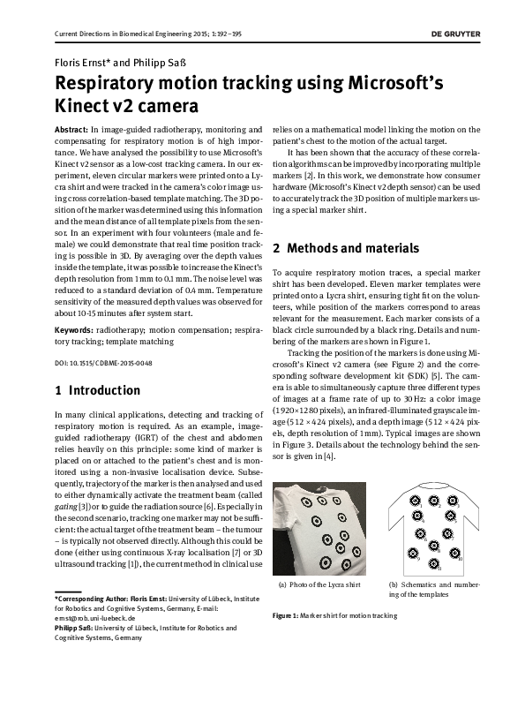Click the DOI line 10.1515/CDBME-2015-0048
pyautogui.click(x=97, y=363)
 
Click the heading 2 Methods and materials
pyautogui.click(x=346, y=248)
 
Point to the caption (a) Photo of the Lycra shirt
pyautogui.click(x=319, y=585)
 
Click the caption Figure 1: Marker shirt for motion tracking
pyautogui.click(x=334, y=614)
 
